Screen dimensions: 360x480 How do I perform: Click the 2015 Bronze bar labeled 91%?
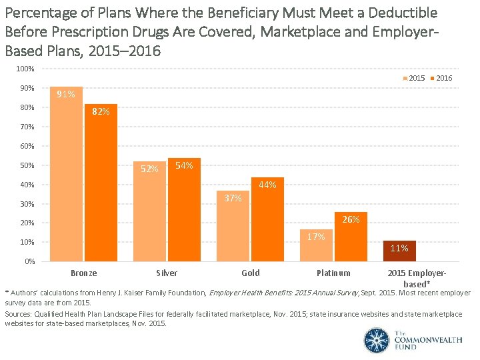click(66, 173)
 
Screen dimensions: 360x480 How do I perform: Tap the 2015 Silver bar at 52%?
click(149, 211)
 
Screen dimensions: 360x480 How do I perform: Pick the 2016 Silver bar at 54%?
click(184, 209)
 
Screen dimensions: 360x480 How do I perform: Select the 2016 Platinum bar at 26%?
click(351, 236)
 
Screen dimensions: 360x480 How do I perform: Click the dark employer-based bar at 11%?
click(399, 251)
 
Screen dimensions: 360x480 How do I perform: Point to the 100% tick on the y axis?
click(26, 69)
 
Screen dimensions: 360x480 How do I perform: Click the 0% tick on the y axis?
click(30, 261)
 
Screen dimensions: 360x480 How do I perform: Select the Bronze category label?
click(83, 273)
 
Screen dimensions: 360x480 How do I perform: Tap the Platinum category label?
click(333, 273)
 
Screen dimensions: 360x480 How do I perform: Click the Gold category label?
click(251, 273)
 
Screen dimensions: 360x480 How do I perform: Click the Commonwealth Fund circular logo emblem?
click(376, 340)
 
